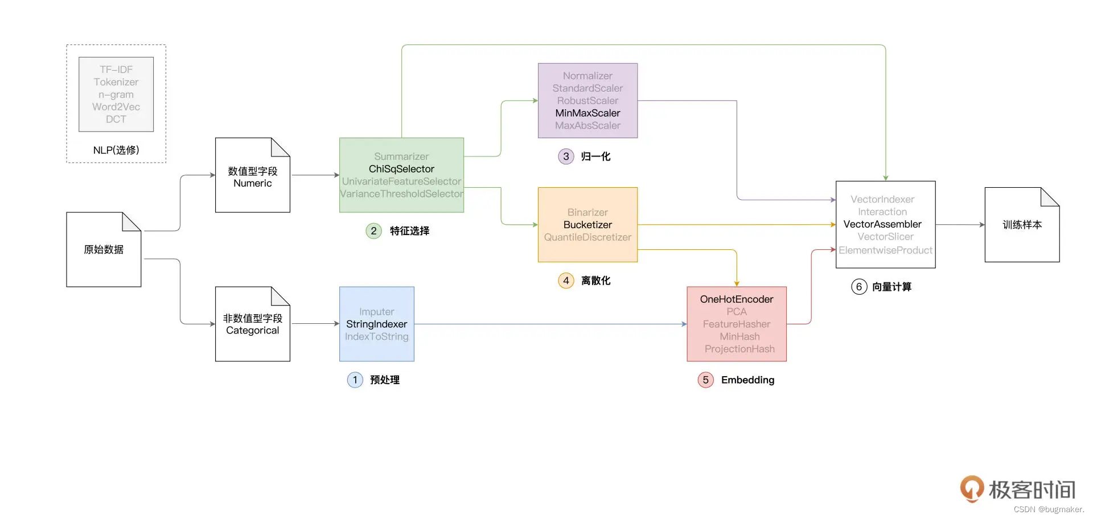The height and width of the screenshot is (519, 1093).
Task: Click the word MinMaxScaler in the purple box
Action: pos(587,113)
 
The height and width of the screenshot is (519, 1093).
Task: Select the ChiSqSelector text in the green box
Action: pos(401,169)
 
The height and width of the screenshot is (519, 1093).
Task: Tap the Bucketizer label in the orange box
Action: pos(587,225)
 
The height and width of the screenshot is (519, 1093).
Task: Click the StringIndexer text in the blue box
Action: pos(376,324)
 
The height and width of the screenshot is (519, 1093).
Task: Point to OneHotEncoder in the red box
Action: pos(736,299)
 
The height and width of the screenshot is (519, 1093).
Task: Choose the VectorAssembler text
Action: pos(882,224)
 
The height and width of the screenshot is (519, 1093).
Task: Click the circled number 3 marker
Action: pos(566,156)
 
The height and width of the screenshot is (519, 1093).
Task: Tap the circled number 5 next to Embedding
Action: pos(705,380)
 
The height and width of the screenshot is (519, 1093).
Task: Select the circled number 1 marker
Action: pos(355,380)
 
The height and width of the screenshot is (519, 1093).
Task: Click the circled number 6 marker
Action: pos(858,287)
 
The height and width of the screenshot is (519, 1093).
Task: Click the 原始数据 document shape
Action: pos(104,250)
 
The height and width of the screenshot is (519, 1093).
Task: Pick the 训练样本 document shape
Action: pos(1022,225)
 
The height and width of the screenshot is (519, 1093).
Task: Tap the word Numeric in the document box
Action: pos(252,183)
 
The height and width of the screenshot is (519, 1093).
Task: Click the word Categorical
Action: pos(252,331)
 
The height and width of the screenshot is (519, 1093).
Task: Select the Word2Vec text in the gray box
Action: pos(116,107)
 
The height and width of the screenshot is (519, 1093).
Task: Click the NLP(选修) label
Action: pos(116,150)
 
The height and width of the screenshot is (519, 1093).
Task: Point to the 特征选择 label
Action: pos(409,231)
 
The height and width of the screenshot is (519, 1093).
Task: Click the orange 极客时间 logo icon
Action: pos(972,488)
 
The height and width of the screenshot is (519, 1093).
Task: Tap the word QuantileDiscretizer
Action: pos(587,237)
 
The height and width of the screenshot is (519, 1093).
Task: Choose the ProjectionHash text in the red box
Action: pos(739,349)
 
